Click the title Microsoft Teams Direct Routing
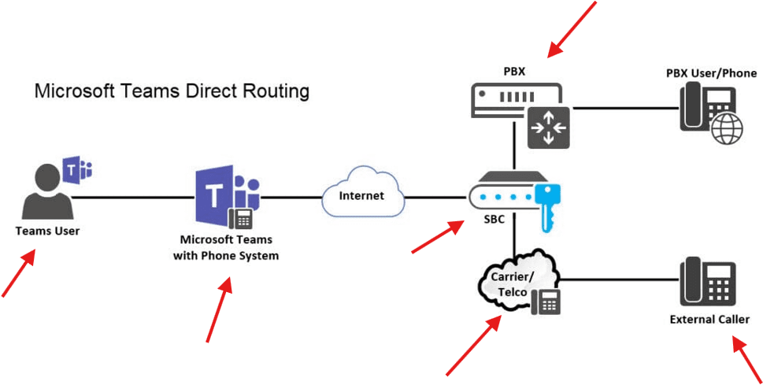tap(172, 91)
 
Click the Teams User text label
tap(47, 231)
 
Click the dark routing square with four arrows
tap(548, 127)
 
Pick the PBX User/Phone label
tap(711, 73)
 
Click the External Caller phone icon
tap(707, 282)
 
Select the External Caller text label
tap(709, 319)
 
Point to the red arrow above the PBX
tap(572, 29)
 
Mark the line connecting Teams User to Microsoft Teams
tap(134, 197)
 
